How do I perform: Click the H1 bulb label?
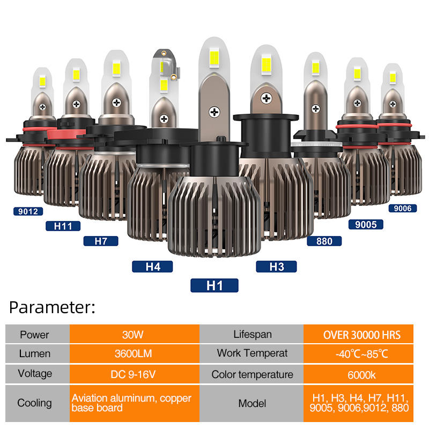click(x=214, y=285)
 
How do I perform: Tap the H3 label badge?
click(x=276, y=267)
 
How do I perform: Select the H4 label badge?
click(x=153, y=267)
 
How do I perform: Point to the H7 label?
click(x=101, y=241)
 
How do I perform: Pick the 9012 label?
click(x=27, y=211)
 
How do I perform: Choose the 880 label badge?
click(x=324, y=241)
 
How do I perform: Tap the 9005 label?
click(x=366, y=225)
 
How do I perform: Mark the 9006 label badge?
click(x=402, y=208)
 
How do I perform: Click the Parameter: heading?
click(x=52, y=307)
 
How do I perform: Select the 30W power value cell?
click(x=134, y=335)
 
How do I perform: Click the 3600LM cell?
click(x=134, y=354)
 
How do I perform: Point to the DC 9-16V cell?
click(x=134, y=374)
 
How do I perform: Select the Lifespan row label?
click(x=252, y=335)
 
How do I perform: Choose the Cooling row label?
click(x=34, y=403)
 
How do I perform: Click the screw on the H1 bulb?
click(x=215, y=112)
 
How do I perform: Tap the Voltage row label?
click(x=34, y=374)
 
